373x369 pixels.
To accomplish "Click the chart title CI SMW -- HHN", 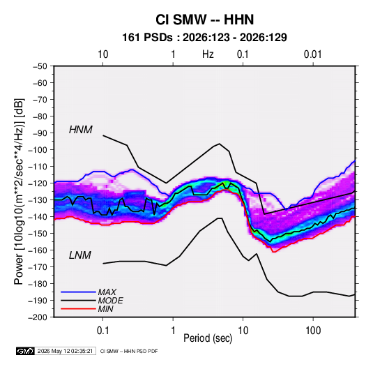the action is [x=204, y=20].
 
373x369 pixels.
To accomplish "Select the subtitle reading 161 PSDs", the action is [x=148, y=38].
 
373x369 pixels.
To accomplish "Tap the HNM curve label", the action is [x=81, y=130].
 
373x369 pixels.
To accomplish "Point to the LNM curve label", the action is [x=80, y=255].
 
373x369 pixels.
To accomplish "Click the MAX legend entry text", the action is [x=107, y=292].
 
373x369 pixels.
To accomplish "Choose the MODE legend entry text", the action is [x=110, y=301].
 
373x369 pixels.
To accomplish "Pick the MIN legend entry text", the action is [x=105, y=309].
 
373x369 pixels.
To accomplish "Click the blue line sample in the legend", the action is [x=78, y=292].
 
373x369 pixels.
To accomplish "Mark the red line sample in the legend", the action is [x=78, y=309].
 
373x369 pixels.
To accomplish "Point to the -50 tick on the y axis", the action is [x=40, y=66].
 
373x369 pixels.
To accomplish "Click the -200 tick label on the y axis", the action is [x=38, y=317].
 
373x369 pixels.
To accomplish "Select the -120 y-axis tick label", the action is [x=38, y=183].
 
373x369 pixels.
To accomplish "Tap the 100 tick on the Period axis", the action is [x=313, y=331].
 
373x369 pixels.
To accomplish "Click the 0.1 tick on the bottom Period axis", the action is [x=102, y=331].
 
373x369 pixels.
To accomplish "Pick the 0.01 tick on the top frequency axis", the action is [x=312, y=54].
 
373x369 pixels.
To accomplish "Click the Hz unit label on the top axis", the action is [x=208, y=54].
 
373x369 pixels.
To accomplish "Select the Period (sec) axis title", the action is [x=208, y=338].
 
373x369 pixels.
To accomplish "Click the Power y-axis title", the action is [x=19, y=192].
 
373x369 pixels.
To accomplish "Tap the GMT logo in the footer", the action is [x=26, y=351].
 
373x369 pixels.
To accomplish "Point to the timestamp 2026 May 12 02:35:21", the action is [x=65, y=351].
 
